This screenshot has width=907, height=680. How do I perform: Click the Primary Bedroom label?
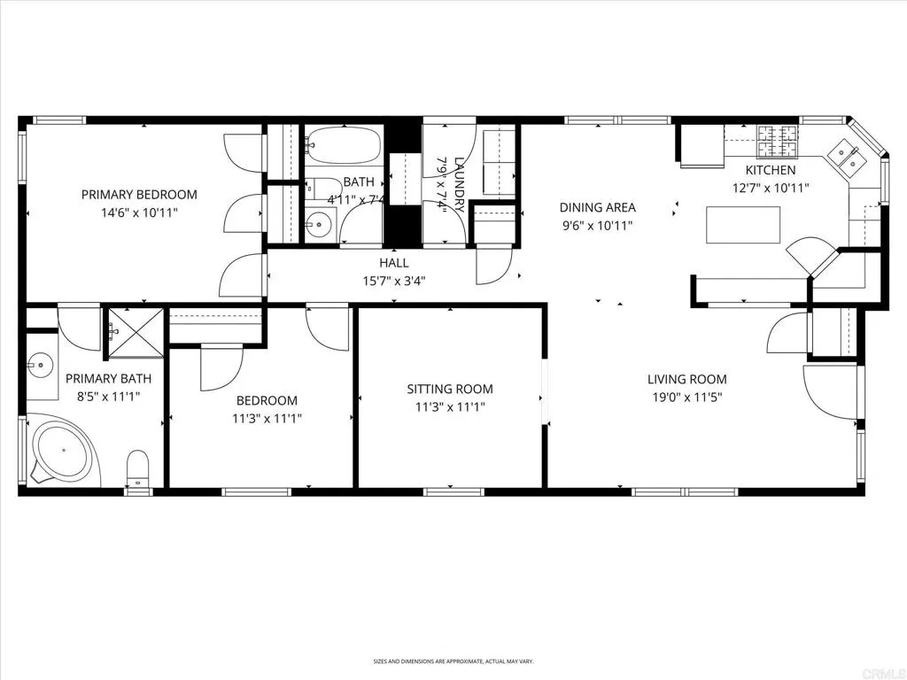[139, 195]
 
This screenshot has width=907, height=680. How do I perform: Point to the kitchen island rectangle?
[743, 225]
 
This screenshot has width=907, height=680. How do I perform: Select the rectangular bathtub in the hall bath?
[345, 144]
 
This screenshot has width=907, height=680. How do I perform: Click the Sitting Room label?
[450, 389]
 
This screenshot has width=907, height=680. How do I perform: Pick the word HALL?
[394, 263]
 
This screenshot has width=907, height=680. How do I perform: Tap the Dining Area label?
[597, 208]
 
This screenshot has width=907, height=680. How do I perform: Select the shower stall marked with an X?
[136, 332]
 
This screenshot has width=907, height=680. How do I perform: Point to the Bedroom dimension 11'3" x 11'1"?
[267, 418]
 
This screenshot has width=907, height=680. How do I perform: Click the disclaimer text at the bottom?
[453, 661]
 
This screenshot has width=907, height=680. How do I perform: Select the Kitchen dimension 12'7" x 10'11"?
[770, 188]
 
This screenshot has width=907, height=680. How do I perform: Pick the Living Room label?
[686, 379]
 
